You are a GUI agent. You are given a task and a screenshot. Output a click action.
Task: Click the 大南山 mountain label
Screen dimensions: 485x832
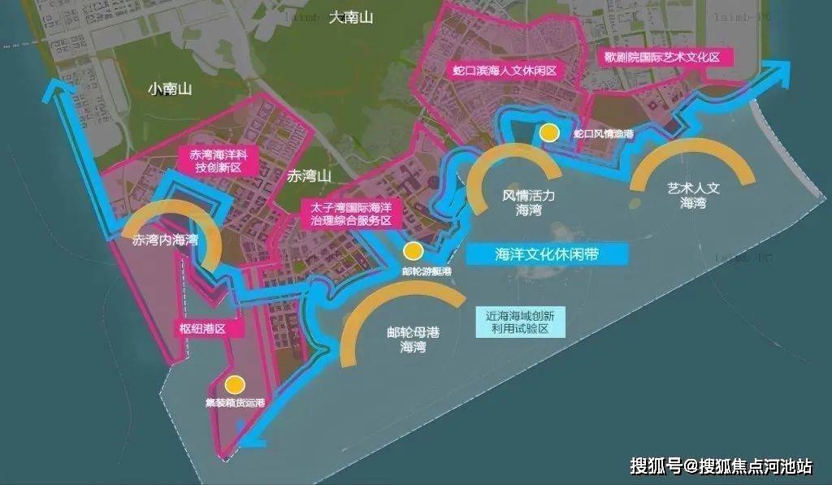tap(351, 18)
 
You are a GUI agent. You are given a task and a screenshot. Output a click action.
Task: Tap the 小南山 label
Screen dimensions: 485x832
tap(169, 89)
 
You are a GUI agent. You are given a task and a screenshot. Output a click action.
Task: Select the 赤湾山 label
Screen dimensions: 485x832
tap(310, 175)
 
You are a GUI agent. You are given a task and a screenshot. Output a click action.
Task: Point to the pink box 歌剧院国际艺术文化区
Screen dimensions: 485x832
tap(664, 57)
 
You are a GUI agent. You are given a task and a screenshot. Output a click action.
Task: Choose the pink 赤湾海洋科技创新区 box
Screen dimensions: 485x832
tap(219, 162)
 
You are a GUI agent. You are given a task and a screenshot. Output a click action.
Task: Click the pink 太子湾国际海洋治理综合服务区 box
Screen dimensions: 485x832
tap(351, 214)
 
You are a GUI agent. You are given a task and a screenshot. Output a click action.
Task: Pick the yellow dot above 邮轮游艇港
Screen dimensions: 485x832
tap(413, 251)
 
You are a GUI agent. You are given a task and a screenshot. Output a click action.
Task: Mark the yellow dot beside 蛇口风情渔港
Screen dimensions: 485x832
tap(550, 132)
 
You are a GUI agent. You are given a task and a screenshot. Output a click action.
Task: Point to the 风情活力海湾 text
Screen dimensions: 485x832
tap(528, 202)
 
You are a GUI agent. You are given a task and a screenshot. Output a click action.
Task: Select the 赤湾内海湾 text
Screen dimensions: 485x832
tap(166, 240)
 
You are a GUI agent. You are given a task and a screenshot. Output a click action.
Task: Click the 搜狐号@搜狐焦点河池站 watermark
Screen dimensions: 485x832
tap(721, 466)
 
